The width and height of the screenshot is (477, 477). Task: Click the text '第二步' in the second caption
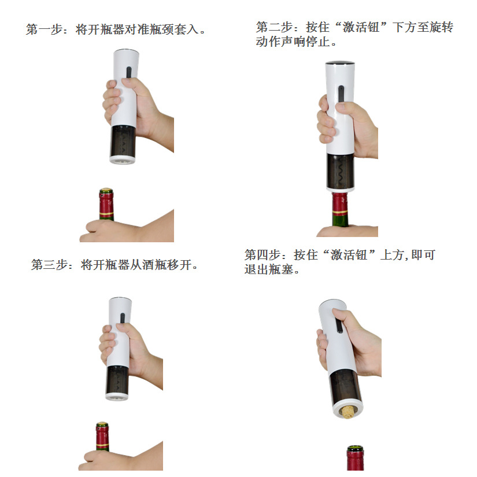pyautogui.click(x=275, y=28)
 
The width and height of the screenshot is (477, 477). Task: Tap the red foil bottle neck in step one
pyautogui.click(x=106, y=205)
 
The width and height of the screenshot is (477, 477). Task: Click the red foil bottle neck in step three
pyautogui.click(x=102, y=439)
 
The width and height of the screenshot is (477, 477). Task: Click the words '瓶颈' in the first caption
pyautogui.click(x=162, y=29)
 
